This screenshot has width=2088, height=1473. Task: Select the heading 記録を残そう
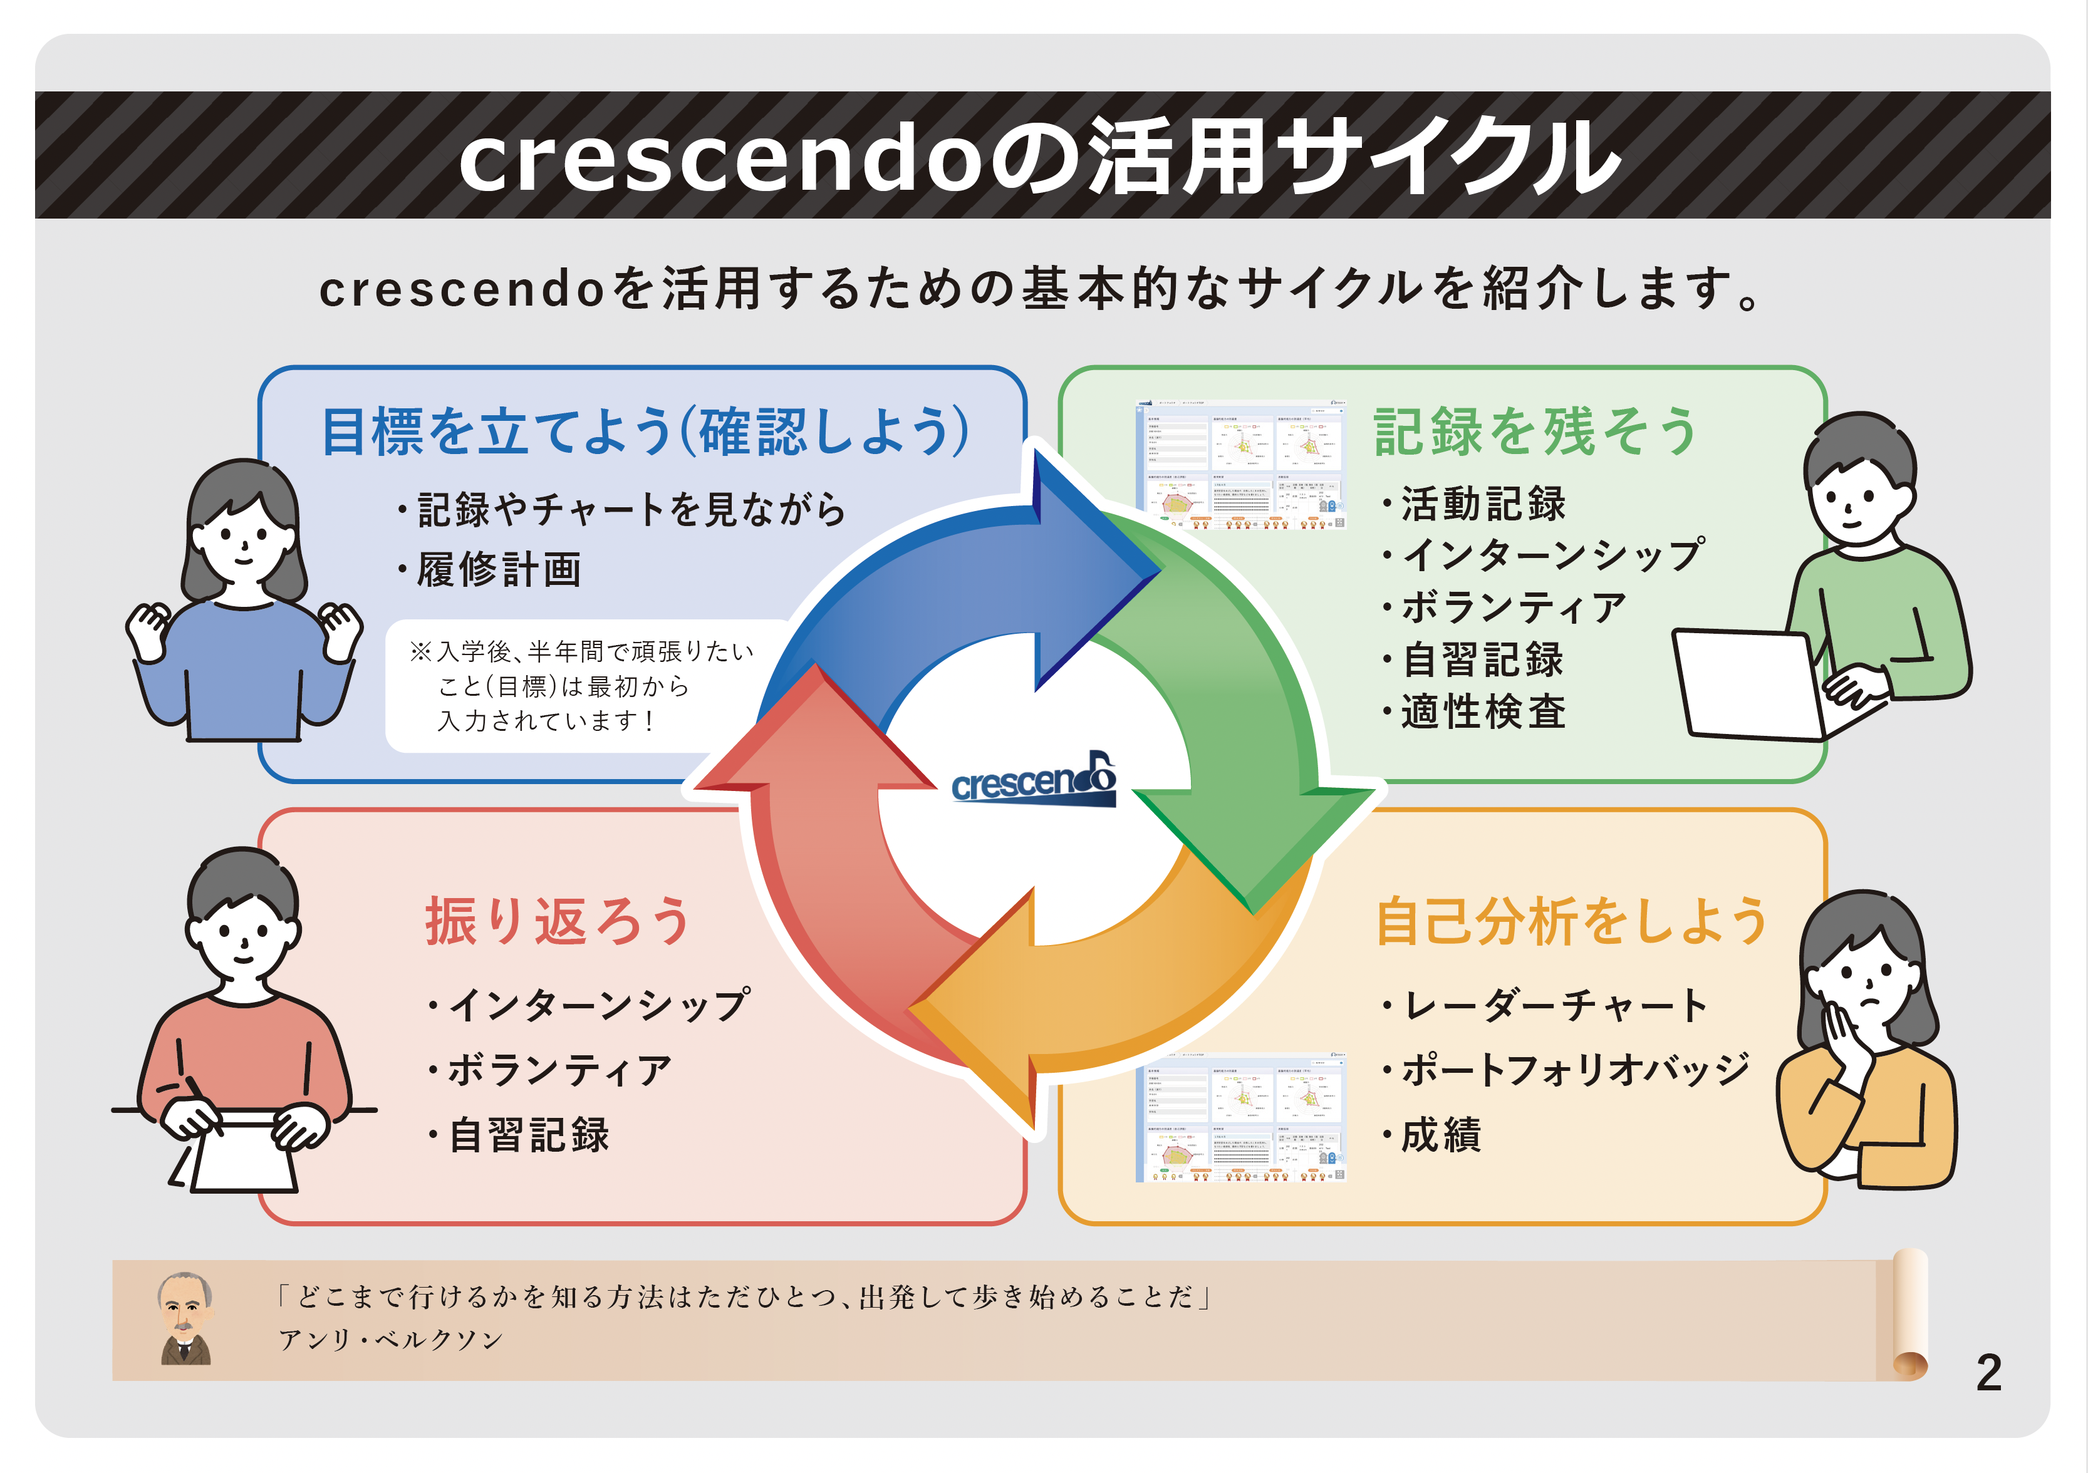coord(1535,432)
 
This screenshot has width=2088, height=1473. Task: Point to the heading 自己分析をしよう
coord(1571,921)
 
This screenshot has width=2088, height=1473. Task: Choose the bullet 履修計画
coord(499,570)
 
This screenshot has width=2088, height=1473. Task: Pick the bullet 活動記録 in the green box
coord(1482,504)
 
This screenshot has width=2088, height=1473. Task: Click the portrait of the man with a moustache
coord(185,1318)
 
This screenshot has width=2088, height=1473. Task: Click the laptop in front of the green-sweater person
coord(1750,684)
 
